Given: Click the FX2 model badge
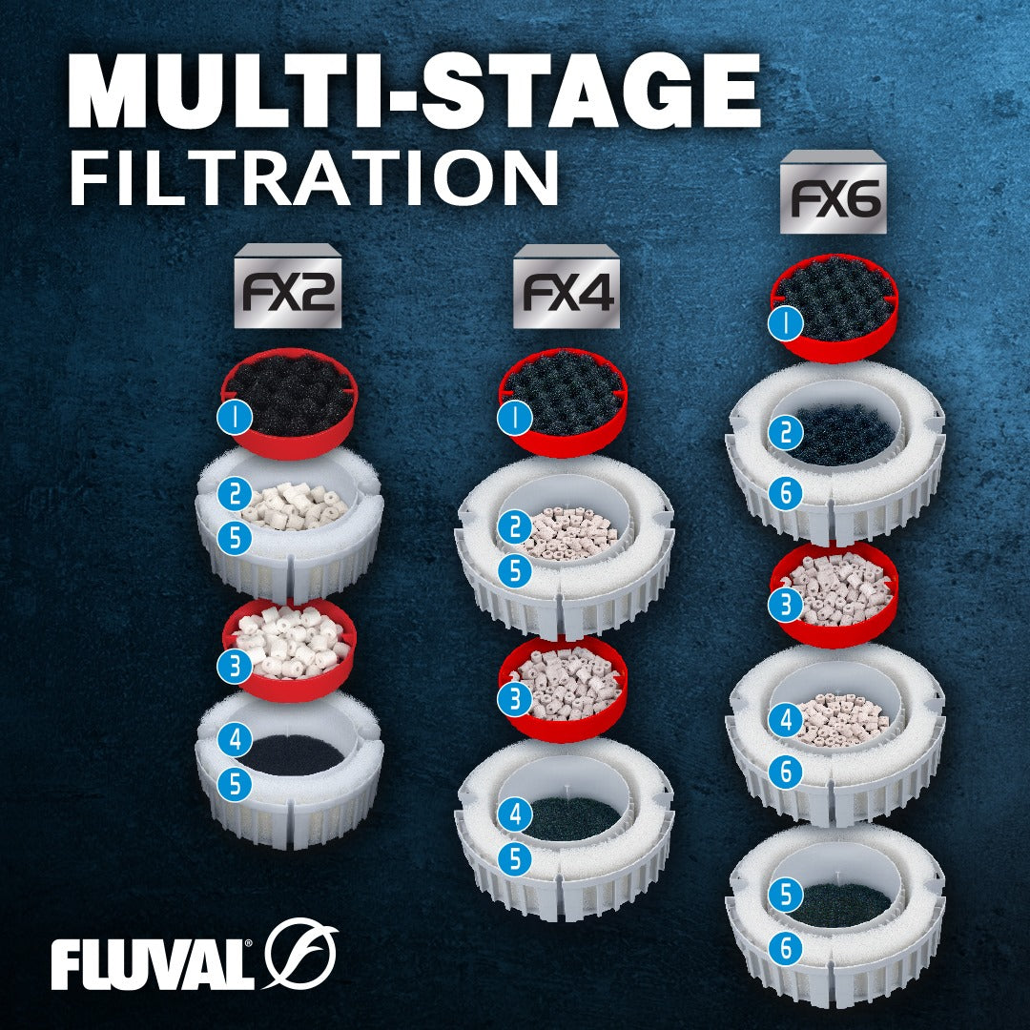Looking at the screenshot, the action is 288,286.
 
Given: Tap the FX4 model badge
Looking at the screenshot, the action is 566,286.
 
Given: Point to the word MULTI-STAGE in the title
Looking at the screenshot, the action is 415,90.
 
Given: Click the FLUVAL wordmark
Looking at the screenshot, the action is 152,964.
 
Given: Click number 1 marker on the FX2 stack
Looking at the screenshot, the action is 235,417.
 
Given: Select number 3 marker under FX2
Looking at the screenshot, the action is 235,667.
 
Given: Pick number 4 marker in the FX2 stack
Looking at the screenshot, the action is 236,740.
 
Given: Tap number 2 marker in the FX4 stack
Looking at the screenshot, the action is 514,526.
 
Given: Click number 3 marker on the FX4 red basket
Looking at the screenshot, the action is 514,699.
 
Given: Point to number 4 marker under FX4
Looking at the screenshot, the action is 514,814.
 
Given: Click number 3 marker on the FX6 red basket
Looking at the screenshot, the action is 786,605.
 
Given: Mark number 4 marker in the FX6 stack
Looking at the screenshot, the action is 786,721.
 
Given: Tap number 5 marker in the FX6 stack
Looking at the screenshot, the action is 786,895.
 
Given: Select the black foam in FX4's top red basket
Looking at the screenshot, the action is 564,392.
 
